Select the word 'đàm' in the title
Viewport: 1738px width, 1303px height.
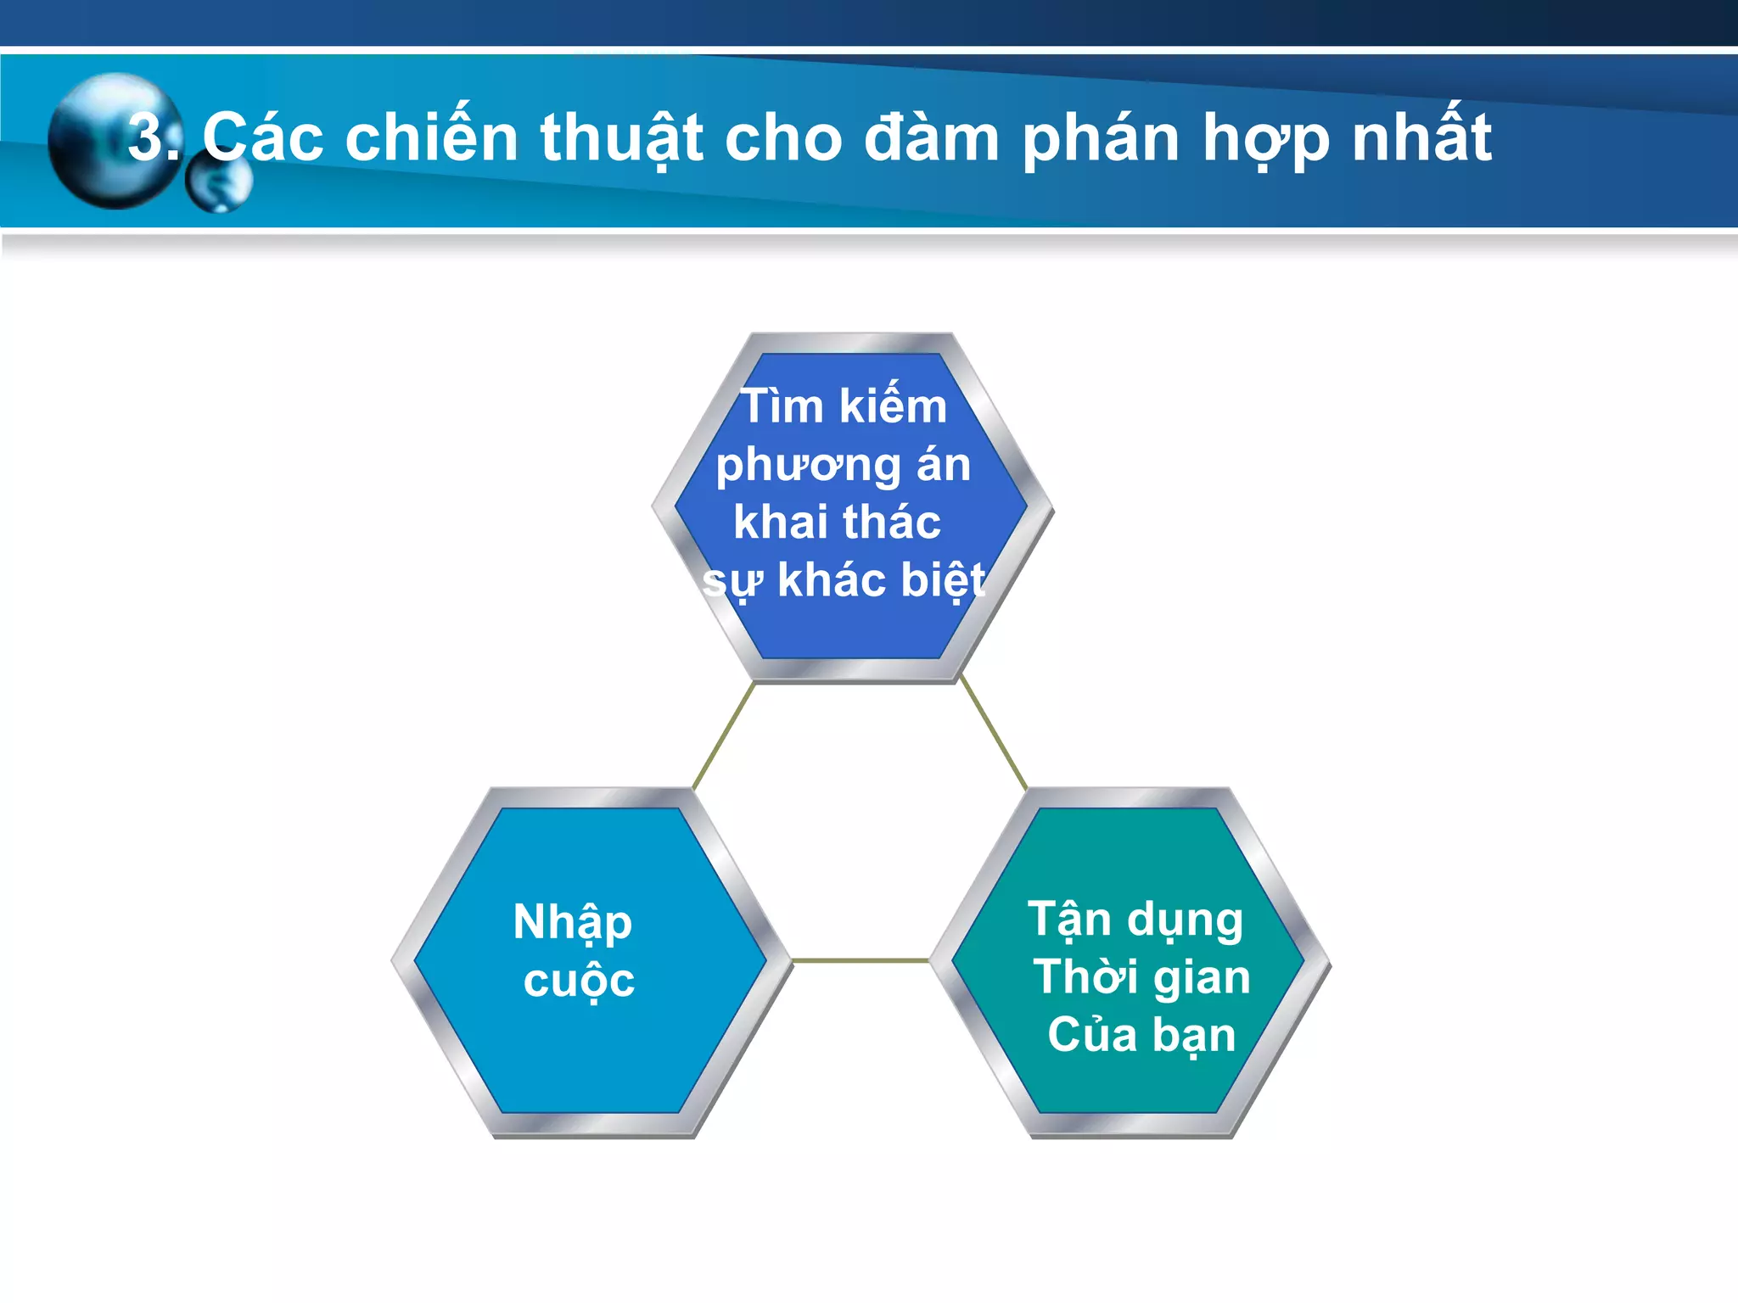pos(931,137)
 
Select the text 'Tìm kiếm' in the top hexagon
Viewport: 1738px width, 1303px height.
pos(844,405)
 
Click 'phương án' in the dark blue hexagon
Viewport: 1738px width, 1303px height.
pos(843,466)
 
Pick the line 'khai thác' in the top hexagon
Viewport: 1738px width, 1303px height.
pos(837,522)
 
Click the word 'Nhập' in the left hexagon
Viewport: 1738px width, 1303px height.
pos(573,923)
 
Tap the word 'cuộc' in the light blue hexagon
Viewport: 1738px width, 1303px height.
pos(579,981)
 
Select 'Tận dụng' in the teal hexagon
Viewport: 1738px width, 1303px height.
pos(1135,920)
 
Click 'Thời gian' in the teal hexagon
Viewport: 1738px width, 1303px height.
pos(1141,976)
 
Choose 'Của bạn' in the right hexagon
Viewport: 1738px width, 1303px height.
pos(1141,1036)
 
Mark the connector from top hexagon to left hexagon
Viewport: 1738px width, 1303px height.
pos(724,735)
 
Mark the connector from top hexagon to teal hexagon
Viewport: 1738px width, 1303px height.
pos(993,734)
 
